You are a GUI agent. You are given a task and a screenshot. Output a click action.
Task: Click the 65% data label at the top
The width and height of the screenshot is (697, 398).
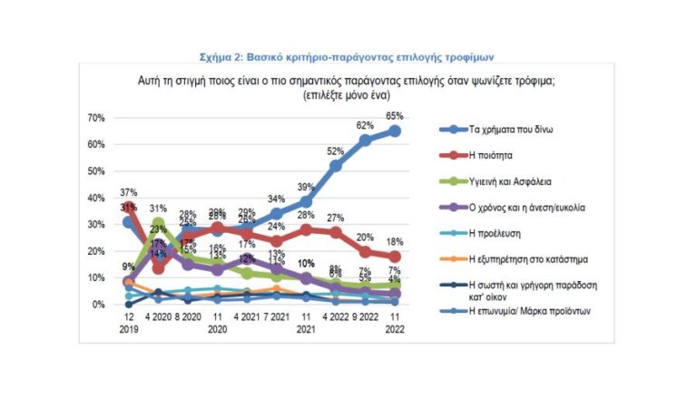[394, 116]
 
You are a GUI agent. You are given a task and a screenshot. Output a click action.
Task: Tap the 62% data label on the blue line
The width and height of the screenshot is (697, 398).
[365, 125]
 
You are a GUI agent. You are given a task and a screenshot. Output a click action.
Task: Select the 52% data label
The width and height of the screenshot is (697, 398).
[336, 151]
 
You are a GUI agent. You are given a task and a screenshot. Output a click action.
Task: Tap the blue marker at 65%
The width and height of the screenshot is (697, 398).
[395, 131]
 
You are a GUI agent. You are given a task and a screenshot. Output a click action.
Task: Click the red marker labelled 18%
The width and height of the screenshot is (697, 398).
[395, 257]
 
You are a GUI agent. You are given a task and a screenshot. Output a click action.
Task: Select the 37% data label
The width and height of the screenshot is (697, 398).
[128, 192]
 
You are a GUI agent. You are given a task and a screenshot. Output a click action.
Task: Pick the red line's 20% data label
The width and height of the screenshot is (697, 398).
[365, 238]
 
